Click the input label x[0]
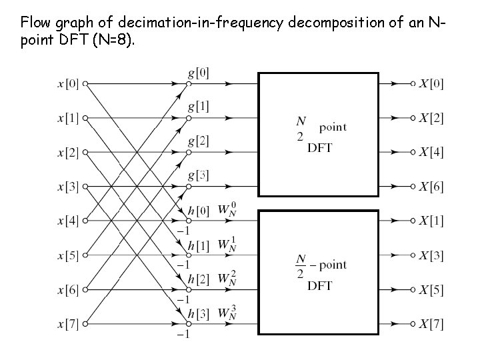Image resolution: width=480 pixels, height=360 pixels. pyautogui.click(x=68, y=84)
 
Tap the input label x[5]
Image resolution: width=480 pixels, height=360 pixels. pyautogui.click(x=68, y=255)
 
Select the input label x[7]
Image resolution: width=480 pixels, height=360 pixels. pyautogui.click(x=68, y=325)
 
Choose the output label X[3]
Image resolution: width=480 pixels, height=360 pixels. pyautogui.click(x=431, y=255)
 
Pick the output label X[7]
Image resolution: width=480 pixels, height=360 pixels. pyautogui.click(x=431, y=325)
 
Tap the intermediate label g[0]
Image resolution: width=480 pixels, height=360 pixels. pyautogui.click(x=198, y=72)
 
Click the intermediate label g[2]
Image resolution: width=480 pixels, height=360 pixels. pyautogui.click(x=198, y=141)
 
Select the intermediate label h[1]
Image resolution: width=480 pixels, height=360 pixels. pyautogui.click(x=198, y=244)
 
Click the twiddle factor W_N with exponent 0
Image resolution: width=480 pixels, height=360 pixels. pyautogui.click(x=227, y=209)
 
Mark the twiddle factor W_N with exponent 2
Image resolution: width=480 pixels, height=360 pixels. pyautogui.click(x=227, y=279)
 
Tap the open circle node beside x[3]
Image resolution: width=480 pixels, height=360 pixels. pyautogui.click(x=85, y=187)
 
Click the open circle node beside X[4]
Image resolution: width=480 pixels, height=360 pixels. pyautogui.click(x=413, y=152)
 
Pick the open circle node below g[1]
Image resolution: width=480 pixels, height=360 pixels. pyautogui.click(x=189, y=118)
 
